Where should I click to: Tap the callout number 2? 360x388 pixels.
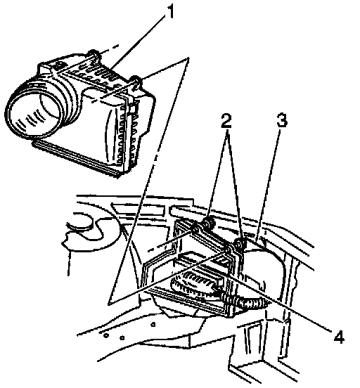coord(226,121)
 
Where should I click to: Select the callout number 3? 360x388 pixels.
coord(282,120)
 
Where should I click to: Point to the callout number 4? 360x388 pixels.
coord(339,336)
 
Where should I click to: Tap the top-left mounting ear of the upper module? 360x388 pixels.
coord(94,55)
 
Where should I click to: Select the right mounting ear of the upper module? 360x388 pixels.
coord(136,82)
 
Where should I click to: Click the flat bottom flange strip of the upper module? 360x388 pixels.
coord(77,157)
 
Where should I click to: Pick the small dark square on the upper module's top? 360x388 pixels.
coord(59,66)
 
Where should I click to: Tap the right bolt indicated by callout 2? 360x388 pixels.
coord(240,244)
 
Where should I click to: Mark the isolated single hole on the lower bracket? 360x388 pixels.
coord(153,325)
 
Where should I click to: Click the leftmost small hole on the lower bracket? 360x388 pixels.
coord(106,335)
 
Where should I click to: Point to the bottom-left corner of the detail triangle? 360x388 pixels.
coord(108,304)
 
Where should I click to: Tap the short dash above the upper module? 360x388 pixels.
coord(114,47)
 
